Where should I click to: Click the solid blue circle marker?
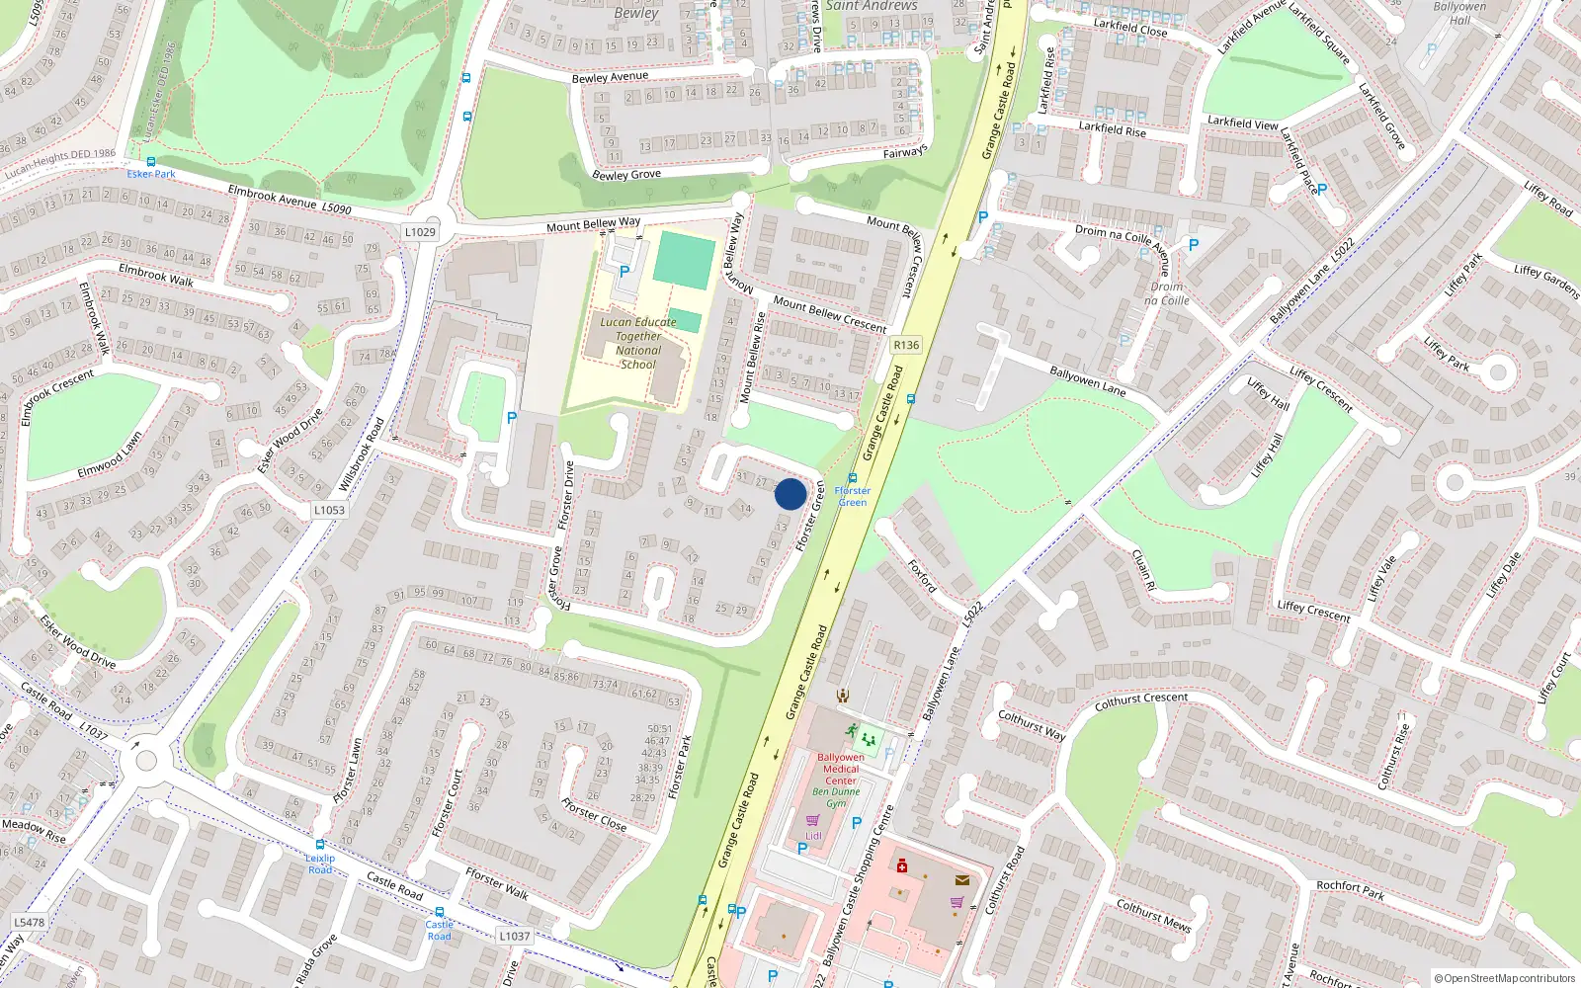click(x=790, y=494)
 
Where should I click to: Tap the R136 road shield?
click(x=905, y=345)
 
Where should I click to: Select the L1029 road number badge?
click(x=420, y=232)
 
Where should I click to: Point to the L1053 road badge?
click(x=329, y=511)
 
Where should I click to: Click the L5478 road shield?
click(x=29, y=923)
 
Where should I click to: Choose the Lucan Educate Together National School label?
click(x=638, y=343)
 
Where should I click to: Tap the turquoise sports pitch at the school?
click(x=684, y=260)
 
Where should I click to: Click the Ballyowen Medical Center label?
click(x=841, y=769)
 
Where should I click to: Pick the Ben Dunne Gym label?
click(x=836, y=797)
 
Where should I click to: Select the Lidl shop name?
click(x=813, y=836)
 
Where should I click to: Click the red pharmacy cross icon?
click(x=901, y=866)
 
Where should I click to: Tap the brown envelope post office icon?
click(x=961, y=879)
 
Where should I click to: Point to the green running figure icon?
click(x=851, y=731)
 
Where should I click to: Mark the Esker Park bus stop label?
click(x=151, y=174)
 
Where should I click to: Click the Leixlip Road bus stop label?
click(x=320, y=864)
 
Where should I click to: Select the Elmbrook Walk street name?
click(x=156, y=275)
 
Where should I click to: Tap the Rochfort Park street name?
click(x=1350, y=890)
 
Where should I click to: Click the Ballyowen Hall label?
click(x=1459, y=13)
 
